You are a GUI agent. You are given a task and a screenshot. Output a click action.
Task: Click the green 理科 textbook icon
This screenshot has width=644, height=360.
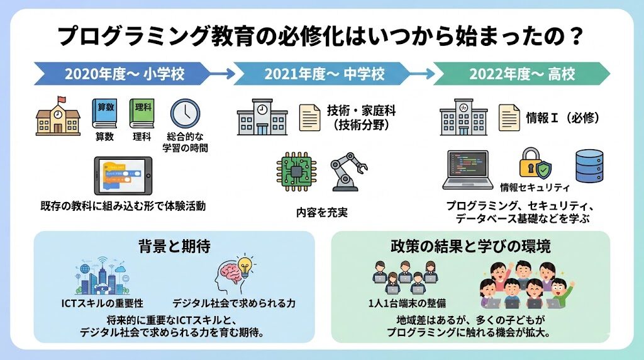142,113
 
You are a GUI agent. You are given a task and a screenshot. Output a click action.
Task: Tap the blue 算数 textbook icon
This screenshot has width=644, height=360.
104,113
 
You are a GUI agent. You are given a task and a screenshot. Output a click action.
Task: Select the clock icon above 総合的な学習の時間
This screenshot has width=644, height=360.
185,114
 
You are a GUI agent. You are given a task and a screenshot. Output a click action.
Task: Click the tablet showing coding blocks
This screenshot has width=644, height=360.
123,176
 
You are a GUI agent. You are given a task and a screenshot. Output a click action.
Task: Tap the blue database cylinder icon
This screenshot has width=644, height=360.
589,165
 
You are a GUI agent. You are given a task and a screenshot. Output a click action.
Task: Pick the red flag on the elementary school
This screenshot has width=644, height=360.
62,99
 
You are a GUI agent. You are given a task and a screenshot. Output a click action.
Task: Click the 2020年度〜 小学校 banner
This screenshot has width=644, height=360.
123,74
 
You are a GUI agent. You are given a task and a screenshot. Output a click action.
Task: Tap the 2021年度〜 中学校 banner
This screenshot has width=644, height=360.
323,74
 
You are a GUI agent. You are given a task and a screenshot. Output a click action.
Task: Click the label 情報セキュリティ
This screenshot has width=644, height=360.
535,188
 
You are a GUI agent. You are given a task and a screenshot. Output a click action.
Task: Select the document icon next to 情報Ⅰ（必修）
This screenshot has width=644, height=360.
508,117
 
